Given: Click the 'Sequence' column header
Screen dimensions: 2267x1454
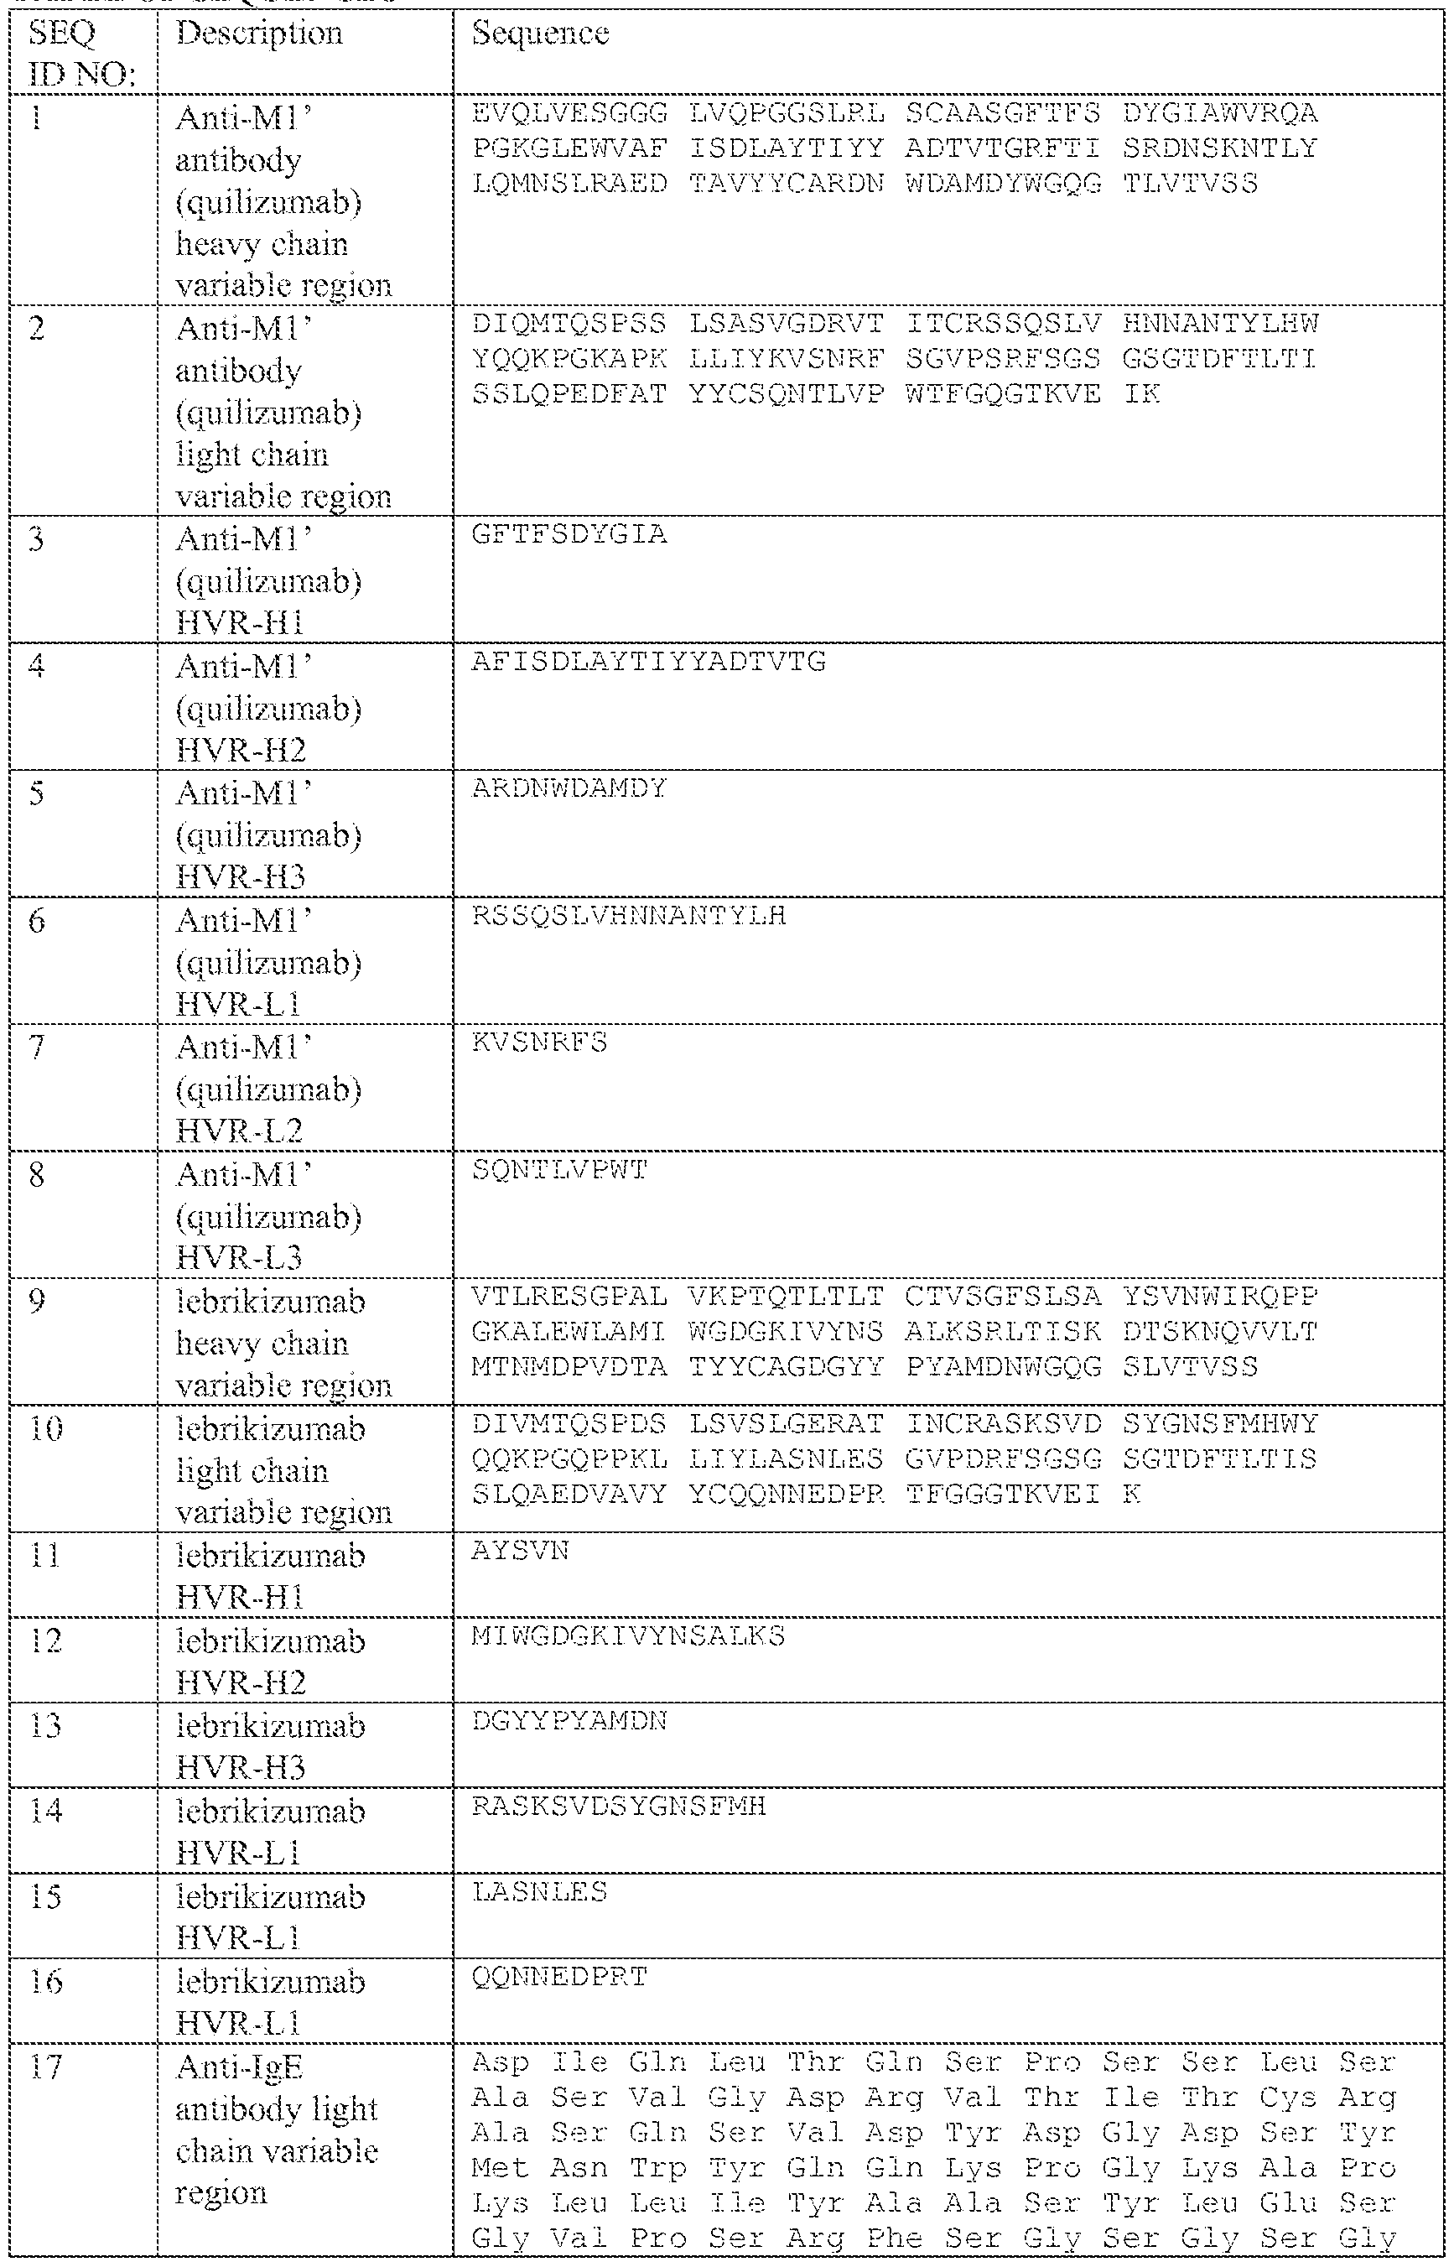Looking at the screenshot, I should tap(540, 34).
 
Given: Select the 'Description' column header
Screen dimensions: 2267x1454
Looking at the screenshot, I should tap(259, 34).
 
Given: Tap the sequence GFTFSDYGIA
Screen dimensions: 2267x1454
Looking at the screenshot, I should tap(569, 534).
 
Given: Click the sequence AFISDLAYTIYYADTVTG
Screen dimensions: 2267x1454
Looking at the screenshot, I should tap(649, 662).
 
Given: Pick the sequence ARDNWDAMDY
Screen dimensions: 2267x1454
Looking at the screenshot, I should tap(569, 788).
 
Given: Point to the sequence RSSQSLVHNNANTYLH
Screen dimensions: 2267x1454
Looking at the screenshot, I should tap(629, 916).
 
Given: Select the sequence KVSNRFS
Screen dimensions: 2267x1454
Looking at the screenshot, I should tap(539, 1043).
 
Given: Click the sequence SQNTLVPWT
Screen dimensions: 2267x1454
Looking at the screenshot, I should tap(559, 1170).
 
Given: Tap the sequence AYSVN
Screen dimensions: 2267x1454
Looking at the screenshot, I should tap(520, 1552).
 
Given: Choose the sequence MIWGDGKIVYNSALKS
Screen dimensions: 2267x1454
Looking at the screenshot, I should tap(628, 1636).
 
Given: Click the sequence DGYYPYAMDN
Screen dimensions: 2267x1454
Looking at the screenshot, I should tap(569, 1721).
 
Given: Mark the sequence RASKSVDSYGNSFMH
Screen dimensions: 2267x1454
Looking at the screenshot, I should tap(619, 1807).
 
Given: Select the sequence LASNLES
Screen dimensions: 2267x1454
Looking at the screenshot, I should tap(539, 1891).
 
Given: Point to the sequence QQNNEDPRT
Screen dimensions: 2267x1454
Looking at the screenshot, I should tap(559, 1976).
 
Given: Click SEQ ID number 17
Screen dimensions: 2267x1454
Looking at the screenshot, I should tap(45, 2067).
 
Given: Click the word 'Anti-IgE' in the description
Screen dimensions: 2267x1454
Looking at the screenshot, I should tap(239, 2067).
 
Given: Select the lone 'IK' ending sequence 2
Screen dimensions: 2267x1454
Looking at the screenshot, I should tap(1141, 393).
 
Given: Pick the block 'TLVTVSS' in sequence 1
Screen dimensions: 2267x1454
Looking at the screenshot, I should tap(1190, 183).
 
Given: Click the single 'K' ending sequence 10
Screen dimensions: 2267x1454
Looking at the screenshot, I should tap(1131, 1495).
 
